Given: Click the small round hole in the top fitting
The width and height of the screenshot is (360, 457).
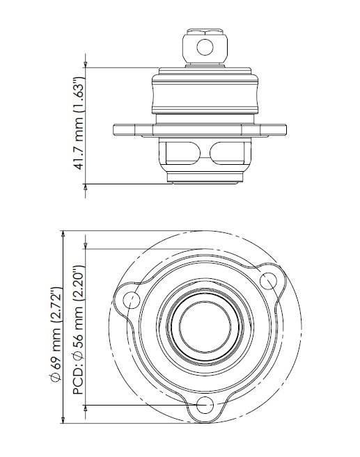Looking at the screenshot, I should [204, 47].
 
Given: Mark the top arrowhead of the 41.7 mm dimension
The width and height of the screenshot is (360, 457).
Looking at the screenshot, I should [86, 70].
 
